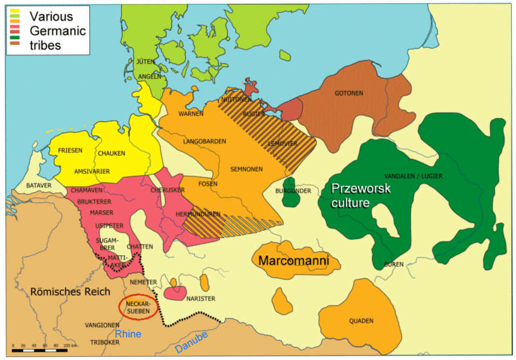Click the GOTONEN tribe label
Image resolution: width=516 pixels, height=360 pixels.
click(x=345, y=93)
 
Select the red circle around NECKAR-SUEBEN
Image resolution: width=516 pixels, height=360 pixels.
click(x=138, y=307)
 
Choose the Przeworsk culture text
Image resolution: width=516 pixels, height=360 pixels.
click(x=360, y=196)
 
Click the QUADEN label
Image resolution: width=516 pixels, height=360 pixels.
click(x=361, y=321)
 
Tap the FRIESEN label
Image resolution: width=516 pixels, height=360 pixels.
click(x=70, y=151)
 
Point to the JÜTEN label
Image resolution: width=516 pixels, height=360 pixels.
click(x=147, y=62)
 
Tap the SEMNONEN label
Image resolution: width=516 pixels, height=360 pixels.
click(x=247, y=169)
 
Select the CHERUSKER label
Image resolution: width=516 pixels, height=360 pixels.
click(x=170, y=190)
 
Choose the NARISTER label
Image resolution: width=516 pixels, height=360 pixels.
click(x=200, y=299)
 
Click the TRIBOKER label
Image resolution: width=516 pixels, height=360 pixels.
click(x=100, y=342)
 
